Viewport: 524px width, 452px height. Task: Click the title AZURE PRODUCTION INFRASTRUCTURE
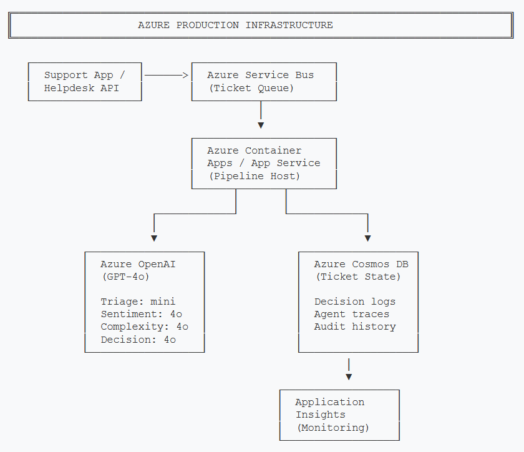[x=235, y=26]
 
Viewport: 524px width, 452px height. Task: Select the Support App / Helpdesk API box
[x=85, y=82]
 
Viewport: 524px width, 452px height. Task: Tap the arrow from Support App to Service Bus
[x=166, y=75]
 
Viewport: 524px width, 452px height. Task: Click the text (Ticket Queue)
[x=251, y=88]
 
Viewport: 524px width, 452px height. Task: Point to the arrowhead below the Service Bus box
[x=261, y=125]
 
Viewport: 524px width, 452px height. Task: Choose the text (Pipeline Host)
[x=255, y=176]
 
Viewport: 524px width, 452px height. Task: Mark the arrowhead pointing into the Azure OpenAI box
[x=154, y=238]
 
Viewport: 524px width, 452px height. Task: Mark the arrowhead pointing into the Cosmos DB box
[x=367, y=238]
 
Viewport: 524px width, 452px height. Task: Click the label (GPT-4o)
[x=125, y=277]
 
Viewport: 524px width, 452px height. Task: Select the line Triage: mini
[x=138, y=302]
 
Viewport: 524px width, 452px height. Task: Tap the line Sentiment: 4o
[x=141, y=314]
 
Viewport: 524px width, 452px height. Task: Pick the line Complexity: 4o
[x=144, y=327]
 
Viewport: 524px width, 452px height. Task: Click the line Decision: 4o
[x=138, y=340]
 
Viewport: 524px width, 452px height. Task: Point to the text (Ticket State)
[x=358, y=277]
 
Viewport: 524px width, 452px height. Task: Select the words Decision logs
[x=355, y=302]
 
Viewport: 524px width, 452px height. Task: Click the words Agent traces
[x=352, y=314]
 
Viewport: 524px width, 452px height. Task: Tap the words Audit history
[x=355, y=327]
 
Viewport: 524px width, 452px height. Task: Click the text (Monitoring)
[x=332, y=428]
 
